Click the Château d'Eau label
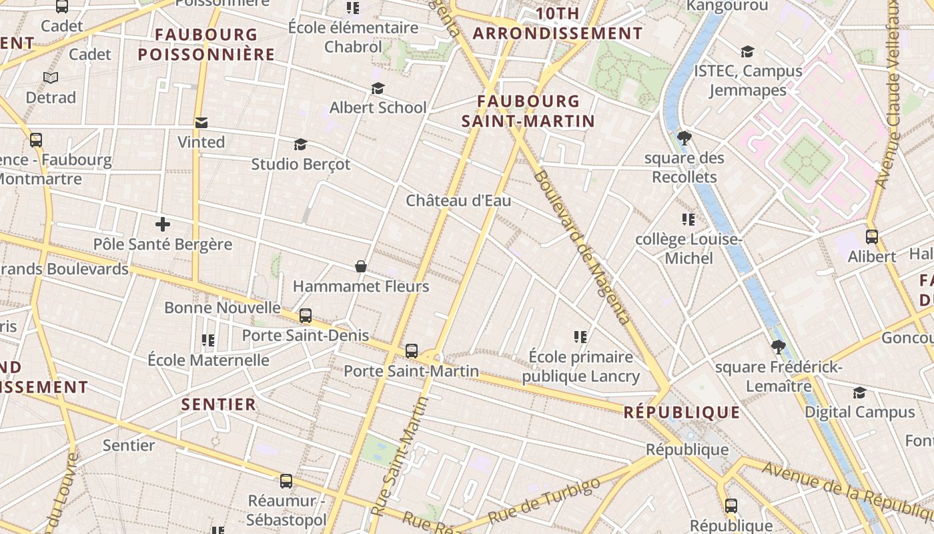pyautogui.click(x=458, y=200)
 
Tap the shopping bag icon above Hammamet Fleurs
pyautogui.click(x=361, y=266)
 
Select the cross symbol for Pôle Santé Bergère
pyautogui.click(x=163, y=224)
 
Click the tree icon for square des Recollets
pyautogui.click(x=684, y=138)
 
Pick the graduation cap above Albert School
pyautogui.click(x=378, y=88)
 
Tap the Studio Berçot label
pyautogui.click(x=300, y=164)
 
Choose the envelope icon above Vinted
pyautogui.click(x=201, y=123)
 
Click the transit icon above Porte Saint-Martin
pyautogui.click(x=412, y=350)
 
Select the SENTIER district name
pyautogui.click(x=219, y=404)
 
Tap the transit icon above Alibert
pyautogui.click(x=871, y=236)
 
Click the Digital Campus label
pyautogui.click(x=859, y=412)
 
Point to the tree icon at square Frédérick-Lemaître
pyautogui.click(x=777, y=347)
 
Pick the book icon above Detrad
pyautogui.click(x=51, y=77)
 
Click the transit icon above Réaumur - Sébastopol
pyautogui.click(x=286, y=481)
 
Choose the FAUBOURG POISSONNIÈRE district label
pyautogui.click(x=206, y=44)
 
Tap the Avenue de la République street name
pyautogui.click(x=847, y=491)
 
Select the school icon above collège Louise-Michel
pyautogui.click(x=688, y=219)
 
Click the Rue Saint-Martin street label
pyautogui.click(x=399, y=457)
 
